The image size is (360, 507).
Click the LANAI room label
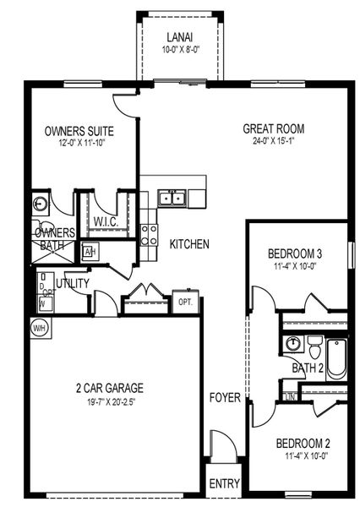pos(178,38)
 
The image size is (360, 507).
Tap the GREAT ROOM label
pos(273,129)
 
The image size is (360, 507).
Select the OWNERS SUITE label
pos(79,132)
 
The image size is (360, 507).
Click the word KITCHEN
pos(189,244)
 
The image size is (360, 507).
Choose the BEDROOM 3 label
pos(295,253)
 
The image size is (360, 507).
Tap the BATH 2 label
pos(308,368)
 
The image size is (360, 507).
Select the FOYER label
pos(226,397)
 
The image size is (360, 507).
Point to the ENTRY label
pos(224,484)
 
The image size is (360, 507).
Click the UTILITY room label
pos(73,283)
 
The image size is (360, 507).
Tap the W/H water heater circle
pos(39,327)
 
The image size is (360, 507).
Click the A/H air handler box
pos(90,252)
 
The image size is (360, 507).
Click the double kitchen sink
pos(172,199)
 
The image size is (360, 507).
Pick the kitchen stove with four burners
pos(149,233)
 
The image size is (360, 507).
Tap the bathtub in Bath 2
pos(335,358)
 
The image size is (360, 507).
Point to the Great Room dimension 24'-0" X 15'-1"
pos(273,142)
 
